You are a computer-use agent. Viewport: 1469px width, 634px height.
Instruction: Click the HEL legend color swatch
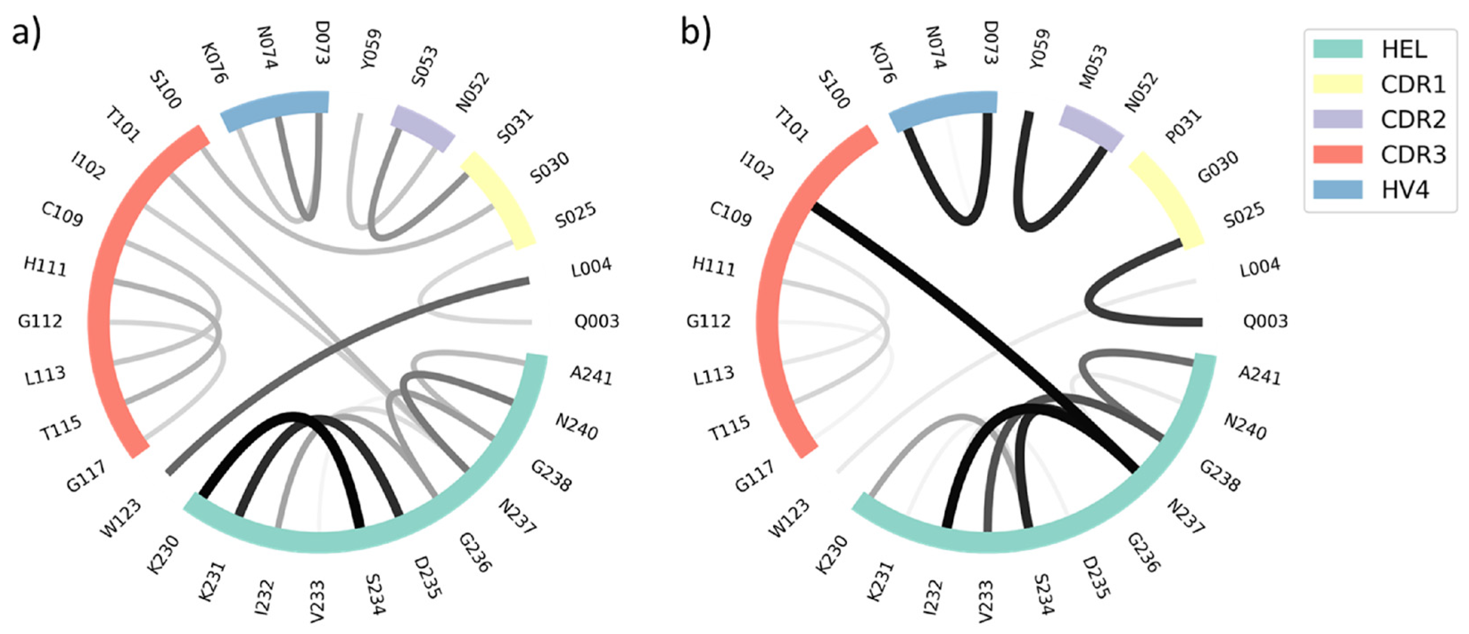pyautogui.click(x=1337, y=49)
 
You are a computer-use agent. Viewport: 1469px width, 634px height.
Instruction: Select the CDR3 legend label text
pyautogui.click(x=1413, y=155)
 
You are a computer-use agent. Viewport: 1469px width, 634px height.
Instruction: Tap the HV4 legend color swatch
pyautogui.click(x=1337, y=189)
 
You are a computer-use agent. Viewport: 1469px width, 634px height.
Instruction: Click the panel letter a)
pyautogui.click(x=26, y=33)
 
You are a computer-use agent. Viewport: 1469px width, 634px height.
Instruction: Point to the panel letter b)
pyautogui.click(x=696, y=33)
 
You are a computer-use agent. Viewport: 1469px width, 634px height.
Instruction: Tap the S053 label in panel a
pyautogui.click(x=425, y=67)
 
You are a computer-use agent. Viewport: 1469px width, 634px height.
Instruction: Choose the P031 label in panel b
pyautogui.click(x=1184, y=127)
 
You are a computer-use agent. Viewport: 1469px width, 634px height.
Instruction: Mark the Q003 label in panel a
pyautogui.click(x=597, y=321)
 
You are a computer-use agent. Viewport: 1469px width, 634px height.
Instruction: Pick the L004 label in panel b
pyautogui.click(x=1260, y=267)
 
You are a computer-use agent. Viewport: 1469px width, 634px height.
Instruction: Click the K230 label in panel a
pyautogui.click(x=163, y=555)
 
